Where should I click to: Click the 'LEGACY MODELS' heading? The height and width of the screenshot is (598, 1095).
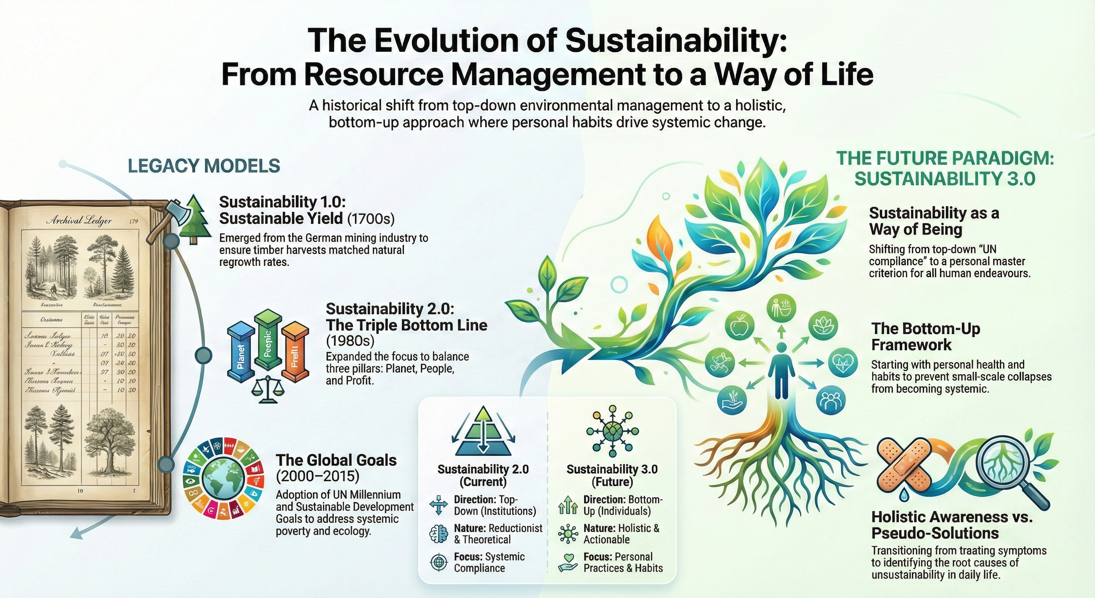204,166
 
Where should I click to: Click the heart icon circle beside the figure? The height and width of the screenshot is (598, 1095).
843,362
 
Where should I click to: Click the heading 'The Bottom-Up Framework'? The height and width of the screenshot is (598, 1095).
926,336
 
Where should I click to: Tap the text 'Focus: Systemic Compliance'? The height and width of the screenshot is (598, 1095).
489,562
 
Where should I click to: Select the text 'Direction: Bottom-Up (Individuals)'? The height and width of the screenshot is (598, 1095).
623,505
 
